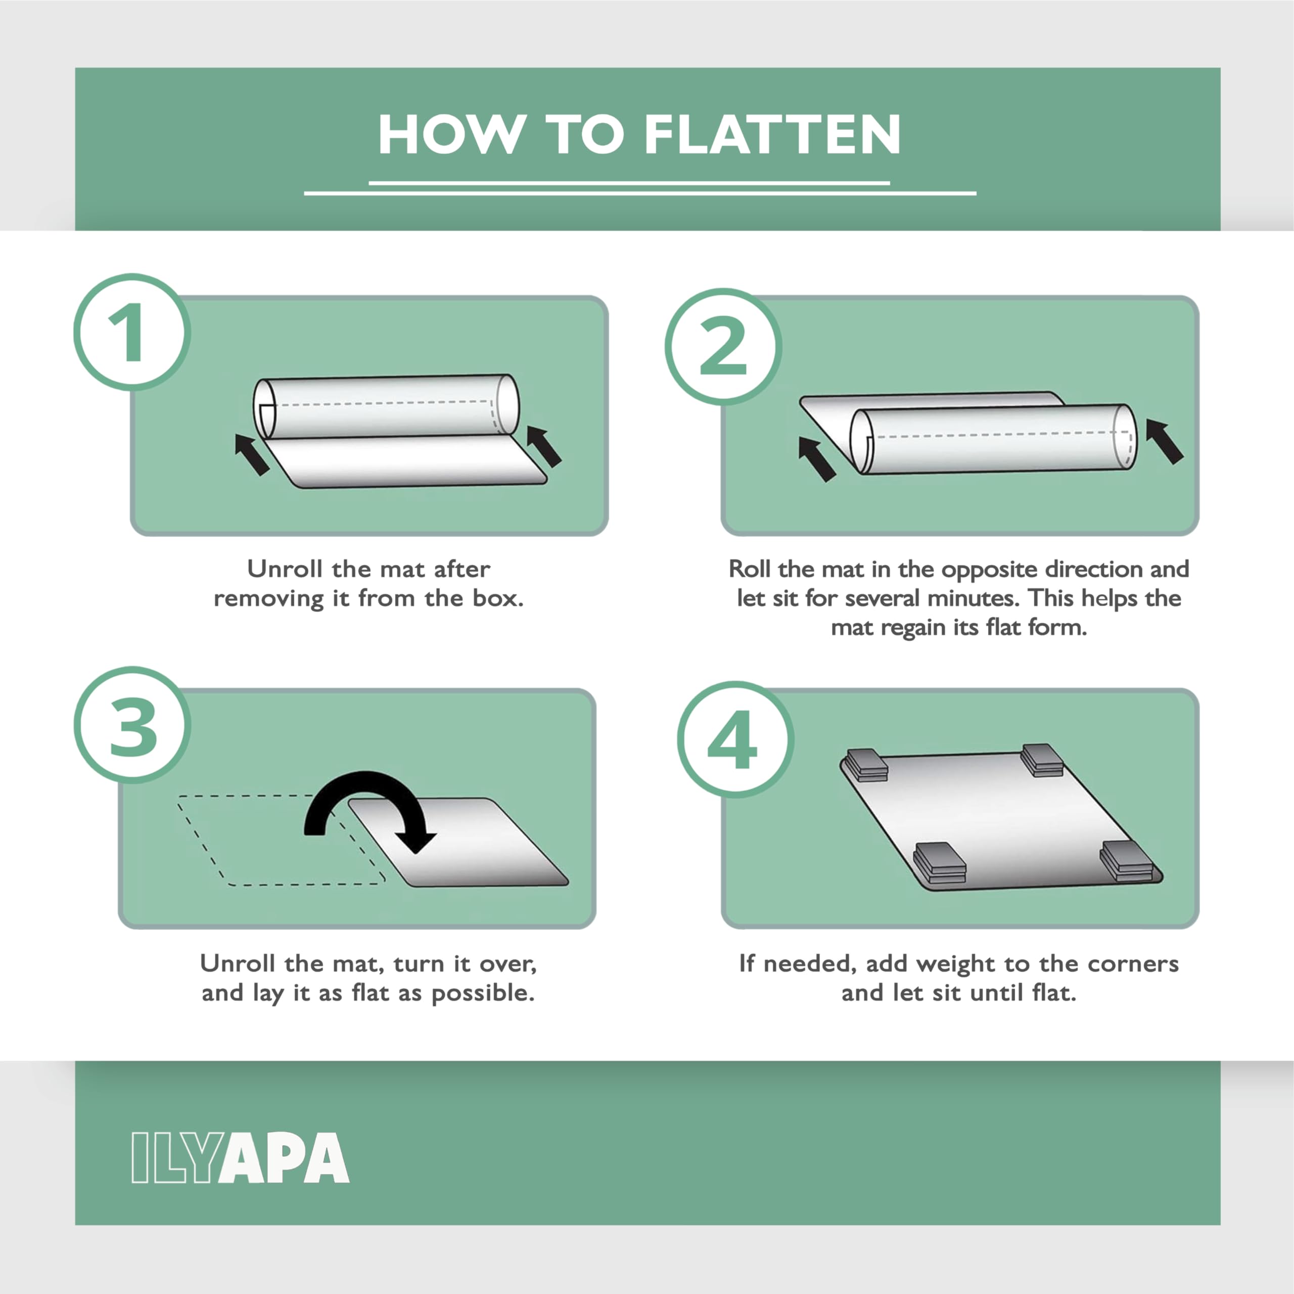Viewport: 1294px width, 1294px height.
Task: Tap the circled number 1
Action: pyautogui.click(x=132, y=332)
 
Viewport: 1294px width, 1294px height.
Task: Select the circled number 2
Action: pyautogui.click(x=723, y=346)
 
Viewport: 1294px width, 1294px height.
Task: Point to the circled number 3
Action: pyautogui.click(x=132, y=725)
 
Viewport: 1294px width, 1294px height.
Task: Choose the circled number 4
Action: pyautogui.click(x=735, y=740)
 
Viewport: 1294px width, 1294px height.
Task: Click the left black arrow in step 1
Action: pyautogui.click(x=252, y=454)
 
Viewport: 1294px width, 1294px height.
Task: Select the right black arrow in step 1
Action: pyautogui.click(x=544, y=445)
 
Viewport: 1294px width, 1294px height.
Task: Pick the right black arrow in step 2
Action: pyautogui.click(x=1165, y=441)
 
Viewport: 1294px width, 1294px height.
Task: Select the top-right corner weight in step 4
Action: pyautogui.click(x=1042, y=760)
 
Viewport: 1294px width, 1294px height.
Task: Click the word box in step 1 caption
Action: pyautogui.click(x=498, y=597)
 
